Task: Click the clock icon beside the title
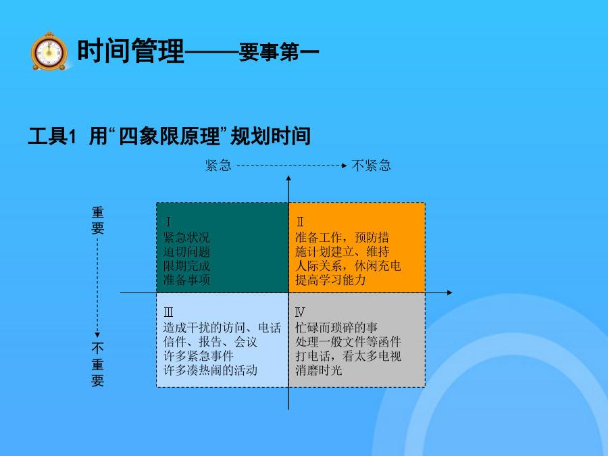(x=49, y=51)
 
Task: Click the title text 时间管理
(x=130, y=51)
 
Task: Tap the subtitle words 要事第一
(x=279, y=52)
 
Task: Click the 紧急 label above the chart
(x=218, y=166)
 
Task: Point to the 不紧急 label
(x=371, y=166)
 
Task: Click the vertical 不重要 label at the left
(x=97, y=364)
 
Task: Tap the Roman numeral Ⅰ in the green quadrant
(x=168, y=222)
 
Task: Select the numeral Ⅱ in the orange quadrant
(x=300, y=222)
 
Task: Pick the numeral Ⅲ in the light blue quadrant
(x=168, y=312)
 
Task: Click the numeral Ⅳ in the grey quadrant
(x=300, y=312)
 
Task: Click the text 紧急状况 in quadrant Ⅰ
(x=186, y=237)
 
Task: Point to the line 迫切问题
(x=186, y=252)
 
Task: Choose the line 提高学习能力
(x=330, y=280)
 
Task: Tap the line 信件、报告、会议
(x=210, y=342)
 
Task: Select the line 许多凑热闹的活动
(x=210, y=370)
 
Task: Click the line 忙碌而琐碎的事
(x=336, y=328)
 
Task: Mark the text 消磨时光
(x=318, y=370)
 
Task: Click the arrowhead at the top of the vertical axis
(x=288, y=178)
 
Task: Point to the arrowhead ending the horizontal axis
(x=450, y=293)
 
